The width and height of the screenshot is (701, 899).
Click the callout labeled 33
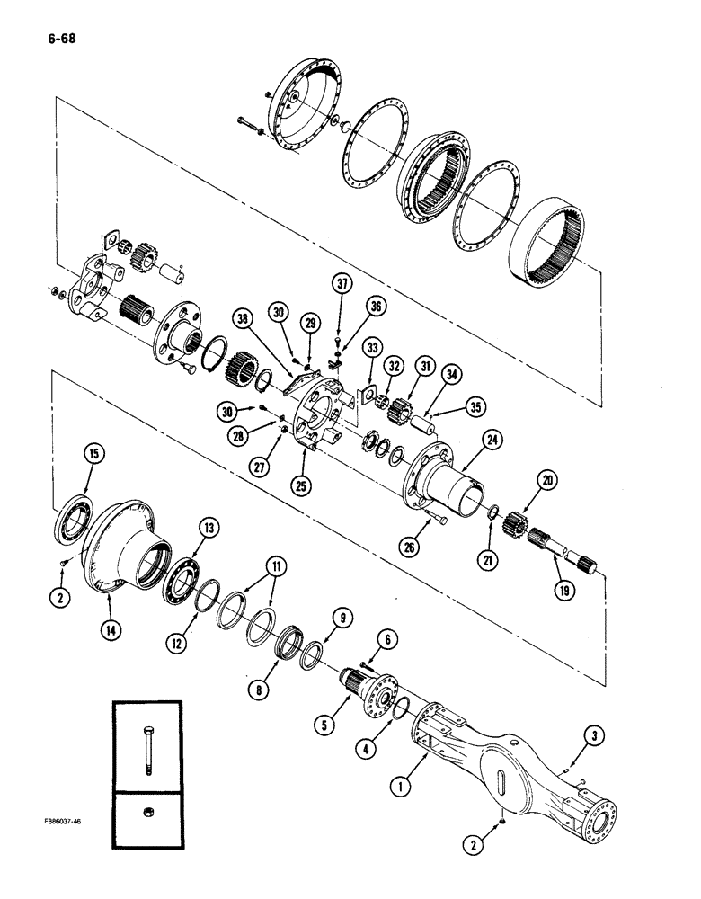coord(372,347)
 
